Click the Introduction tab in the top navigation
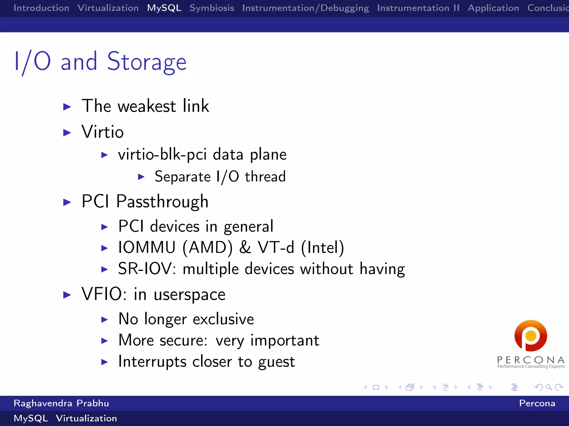click(x=41, y=8)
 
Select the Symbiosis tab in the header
click(x=212, y=8)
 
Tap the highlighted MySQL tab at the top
click(x=164, y=8)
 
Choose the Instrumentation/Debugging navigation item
click(x=305, y=8)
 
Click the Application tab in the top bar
click(x=493, y=8)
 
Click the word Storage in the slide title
click(x=147, y=62)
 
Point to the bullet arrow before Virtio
click(x=67, y=133)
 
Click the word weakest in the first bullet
click(x=147, y=106)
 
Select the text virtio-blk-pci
click(x=162, y=154)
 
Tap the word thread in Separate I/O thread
click(x=265, y=177)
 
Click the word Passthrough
click(x=162, y=201)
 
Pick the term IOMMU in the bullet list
click(x=147, y=247)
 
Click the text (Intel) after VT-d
click(x=323, y=247)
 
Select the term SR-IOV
click(x=145, y=268)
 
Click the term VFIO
click(x=101, y=294)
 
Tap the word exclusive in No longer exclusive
click(x=223, y=319)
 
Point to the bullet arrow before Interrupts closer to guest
click(x=104, y=362)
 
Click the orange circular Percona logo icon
click(x=531, y=336)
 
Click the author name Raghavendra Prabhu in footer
click(x=61, y=403)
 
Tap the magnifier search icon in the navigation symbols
click(x=548, y=387)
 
